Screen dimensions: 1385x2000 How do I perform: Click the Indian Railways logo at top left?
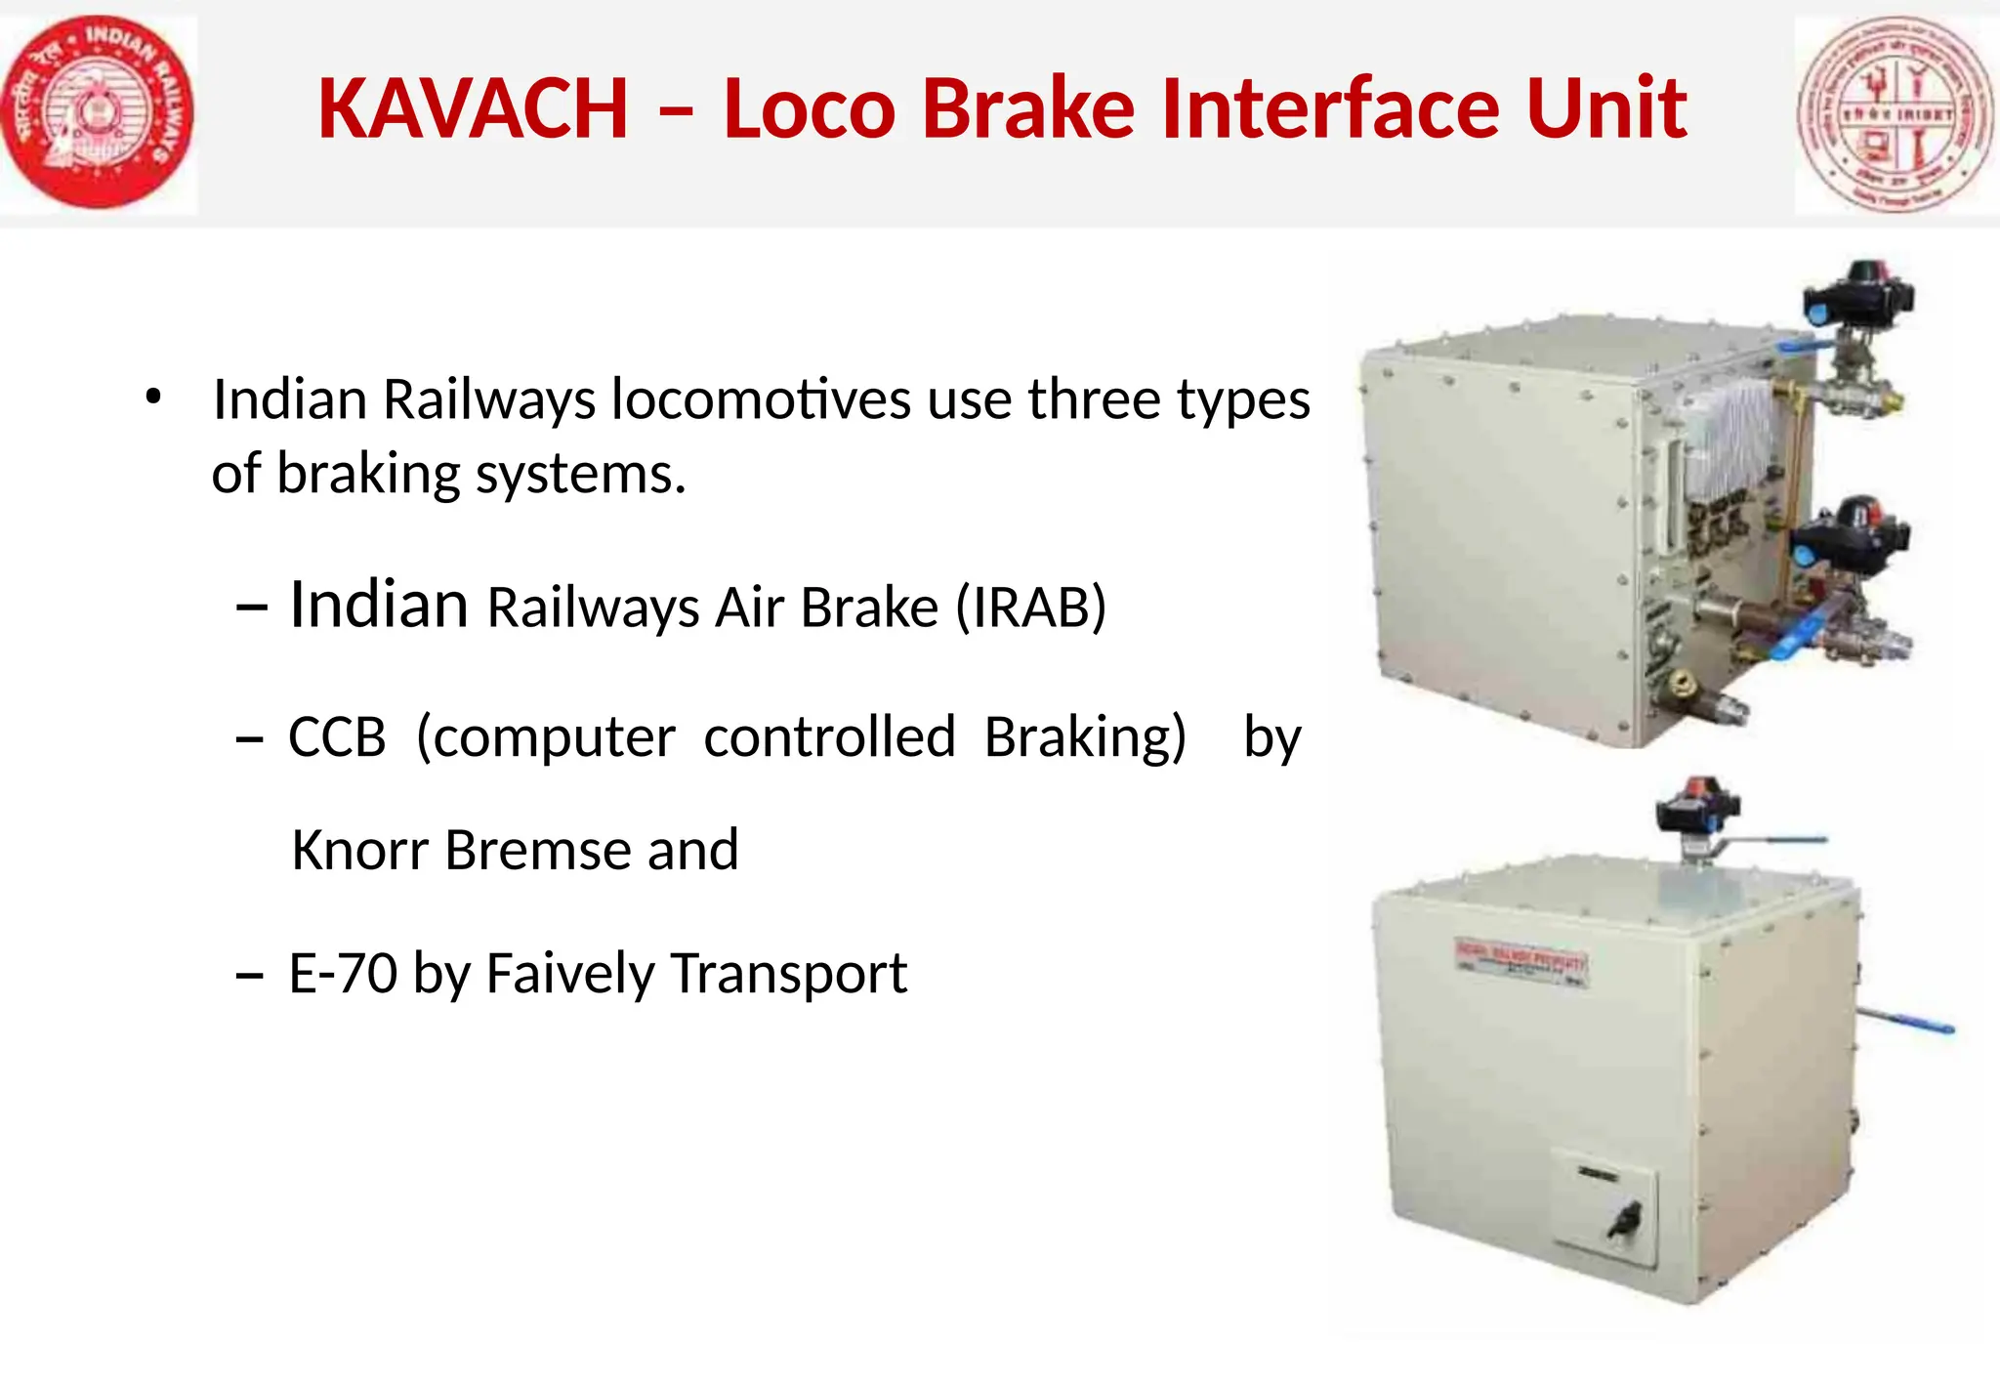(x=98, y=112)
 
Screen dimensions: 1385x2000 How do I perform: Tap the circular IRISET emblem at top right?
(x=1896, y=114)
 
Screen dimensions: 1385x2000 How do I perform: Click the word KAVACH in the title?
(x=473, y=108)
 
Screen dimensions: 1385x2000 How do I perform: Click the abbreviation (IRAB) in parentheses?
(x=1030, y=608)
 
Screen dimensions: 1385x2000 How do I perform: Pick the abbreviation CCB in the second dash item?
(x=337, y=737)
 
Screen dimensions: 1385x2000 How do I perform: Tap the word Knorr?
(x=360, y=850)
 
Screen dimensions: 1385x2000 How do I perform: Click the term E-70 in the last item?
(x=343, y=974)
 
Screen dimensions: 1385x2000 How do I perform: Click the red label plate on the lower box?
(x=1521, y=962)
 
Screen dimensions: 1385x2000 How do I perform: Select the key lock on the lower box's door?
(x=1626, y=1218)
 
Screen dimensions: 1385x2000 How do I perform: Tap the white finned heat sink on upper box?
(x=1729, y=435)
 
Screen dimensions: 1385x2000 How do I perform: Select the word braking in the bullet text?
(x=368, y=475)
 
